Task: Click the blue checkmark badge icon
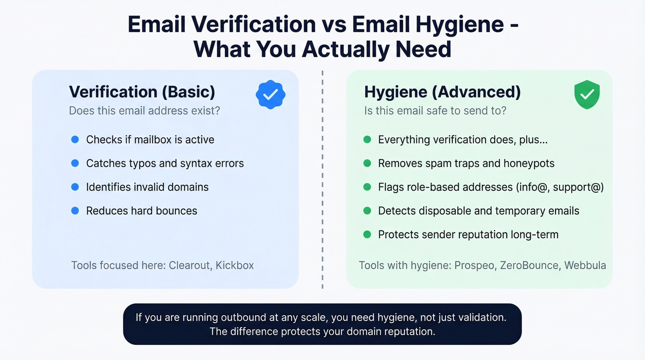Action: click(x=270, y=94)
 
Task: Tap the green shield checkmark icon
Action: click(x=586, y=95)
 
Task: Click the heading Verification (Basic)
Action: click(x=142, y=92)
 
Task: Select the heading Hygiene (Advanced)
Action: click(x=442, y=92)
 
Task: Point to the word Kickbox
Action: click(x=235, y=266)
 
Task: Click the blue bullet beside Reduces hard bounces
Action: click(x=75, y=211)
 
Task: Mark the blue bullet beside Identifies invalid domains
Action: click(x=75, y=187)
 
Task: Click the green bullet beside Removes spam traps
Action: click(x=367, y=163)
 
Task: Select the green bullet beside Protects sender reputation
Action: click(x=367, y=235)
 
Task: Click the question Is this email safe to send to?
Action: click(x=435, y=111)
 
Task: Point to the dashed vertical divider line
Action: click(x=322, y=180)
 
